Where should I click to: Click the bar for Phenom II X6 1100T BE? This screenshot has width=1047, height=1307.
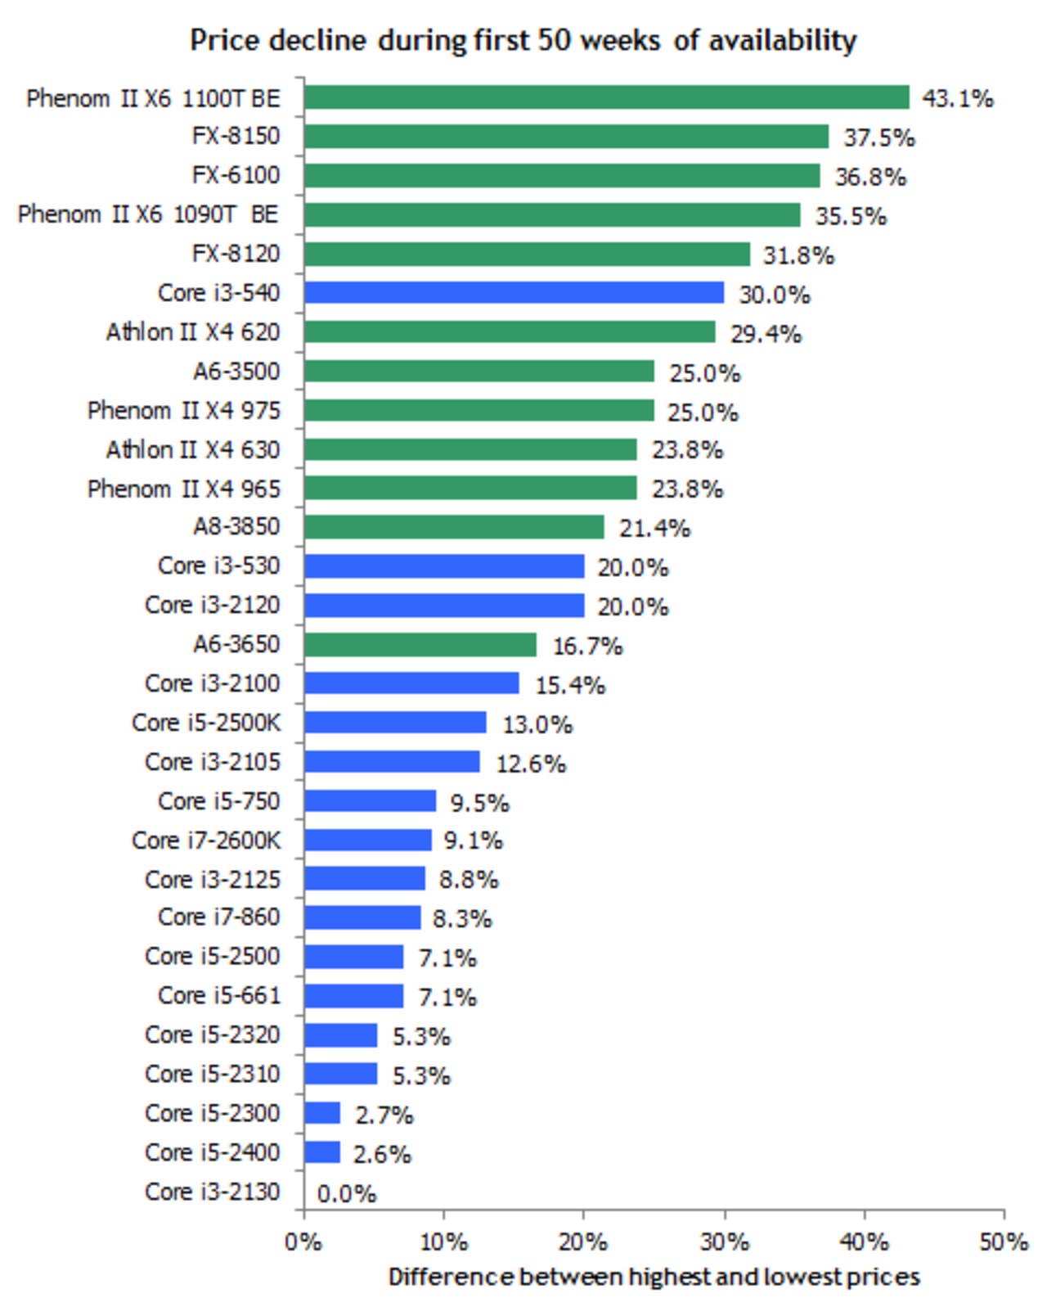(605, 97)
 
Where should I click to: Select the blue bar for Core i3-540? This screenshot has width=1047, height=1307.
(514, 293)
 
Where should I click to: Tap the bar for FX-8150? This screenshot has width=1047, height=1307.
(565, 137)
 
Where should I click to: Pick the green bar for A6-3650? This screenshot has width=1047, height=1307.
(420, 645)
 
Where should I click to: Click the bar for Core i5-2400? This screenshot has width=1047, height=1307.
(321, 1152)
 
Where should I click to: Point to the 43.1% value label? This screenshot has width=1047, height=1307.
(957, 99)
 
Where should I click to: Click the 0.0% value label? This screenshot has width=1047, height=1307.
(346, 1194)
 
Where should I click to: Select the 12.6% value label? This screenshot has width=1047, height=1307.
(530, 764)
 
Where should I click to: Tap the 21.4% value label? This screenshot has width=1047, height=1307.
(654, 529)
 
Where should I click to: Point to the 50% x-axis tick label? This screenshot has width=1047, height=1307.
(1003, 1242)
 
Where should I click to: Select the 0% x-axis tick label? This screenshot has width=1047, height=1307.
(303, 1242)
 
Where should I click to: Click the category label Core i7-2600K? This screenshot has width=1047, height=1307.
(206, 841)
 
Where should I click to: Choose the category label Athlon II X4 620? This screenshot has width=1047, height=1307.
(193, 332)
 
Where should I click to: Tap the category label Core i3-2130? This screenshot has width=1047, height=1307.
(213, 1192)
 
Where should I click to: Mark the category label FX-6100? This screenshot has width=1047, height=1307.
(236, 175)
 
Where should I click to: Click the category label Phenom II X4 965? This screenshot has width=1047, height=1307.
(184, 489)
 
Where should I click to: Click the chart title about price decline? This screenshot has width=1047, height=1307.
(523, 40)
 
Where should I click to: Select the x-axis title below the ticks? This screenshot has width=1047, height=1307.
(654, 1277)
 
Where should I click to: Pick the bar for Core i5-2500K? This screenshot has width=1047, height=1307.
(394, 723)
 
